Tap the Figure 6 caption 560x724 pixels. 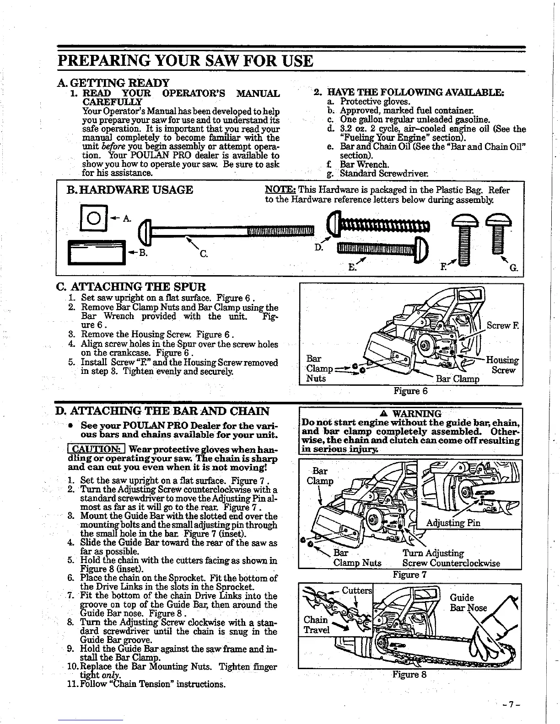tap(410, 391)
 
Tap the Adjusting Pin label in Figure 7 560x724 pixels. tap(453, 523)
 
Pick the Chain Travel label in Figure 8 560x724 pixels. tap(316, 625)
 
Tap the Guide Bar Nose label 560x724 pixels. tap(468, 603)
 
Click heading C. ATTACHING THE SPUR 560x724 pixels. tap(130, 287)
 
